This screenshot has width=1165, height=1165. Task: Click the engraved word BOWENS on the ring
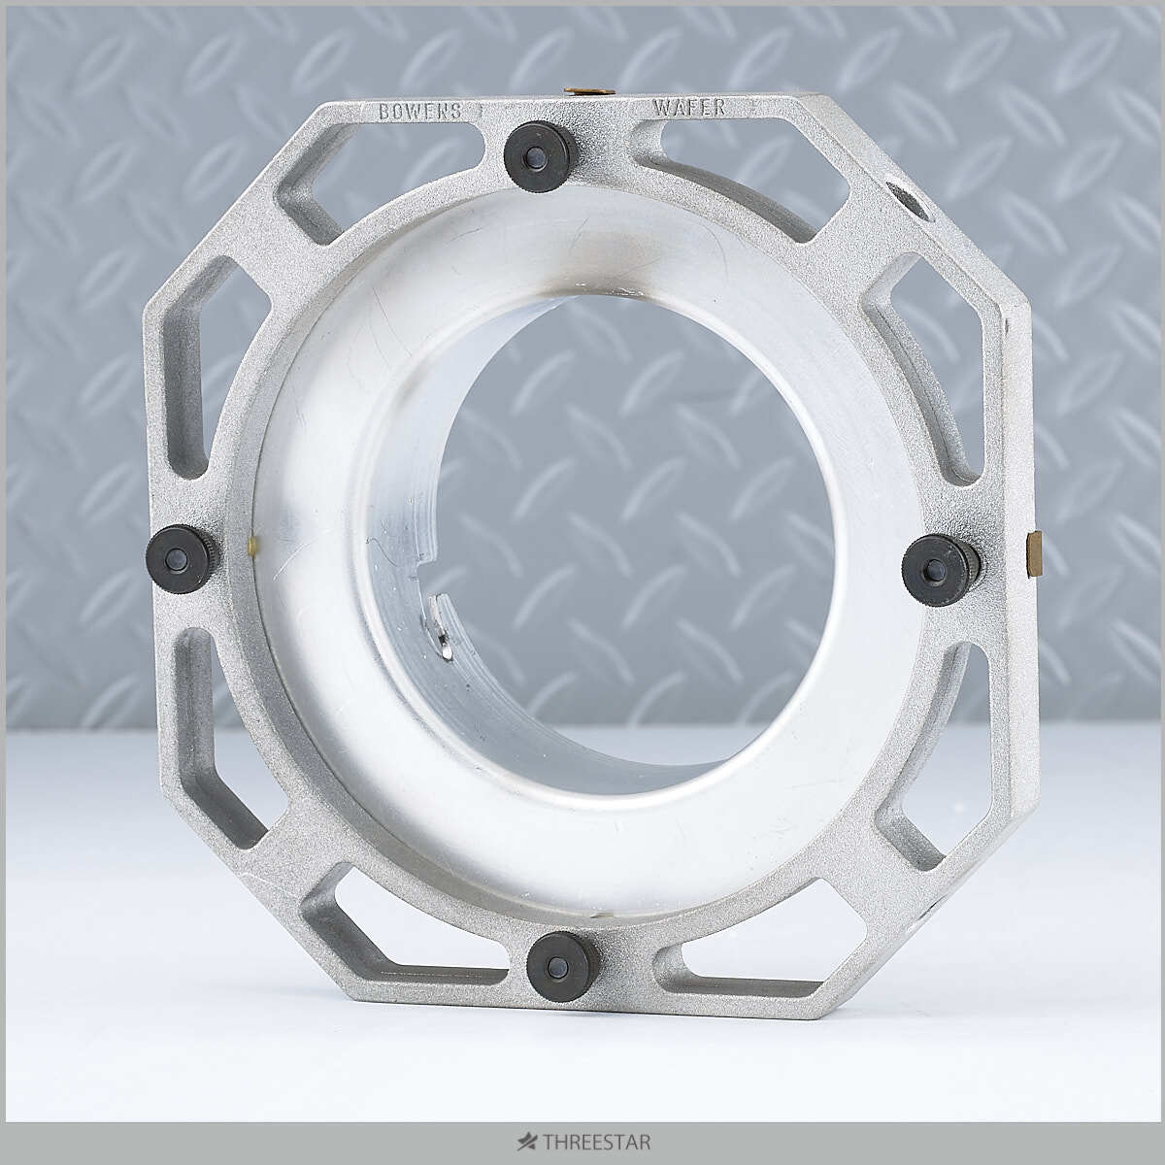click(420, 111)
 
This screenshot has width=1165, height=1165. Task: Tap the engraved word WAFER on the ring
click(690, 107)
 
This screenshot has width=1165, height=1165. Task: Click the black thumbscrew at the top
click(533, 157)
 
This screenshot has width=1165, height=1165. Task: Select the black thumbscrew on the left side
click(181, 559)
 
